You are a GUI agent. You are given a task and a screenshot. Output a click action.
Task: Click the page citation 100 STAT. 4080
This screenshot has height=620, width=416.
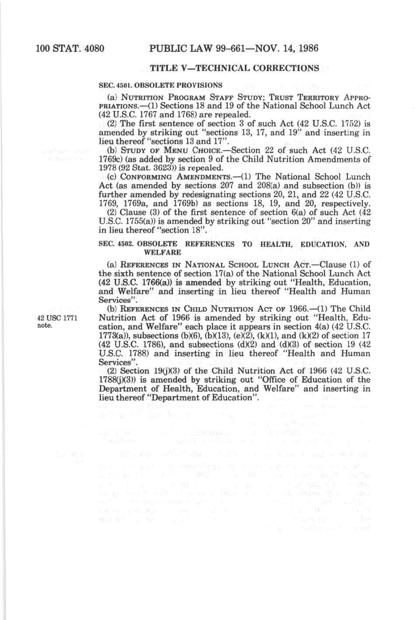point(70,48)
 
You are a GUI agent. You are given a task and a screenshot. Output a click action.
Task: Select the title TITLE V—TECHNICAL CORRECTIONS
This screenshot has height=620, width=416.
point(234,68)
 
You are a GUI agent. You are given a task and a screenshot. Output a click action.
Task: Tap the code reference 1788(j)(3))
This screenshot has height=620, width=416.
point(118,380)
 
